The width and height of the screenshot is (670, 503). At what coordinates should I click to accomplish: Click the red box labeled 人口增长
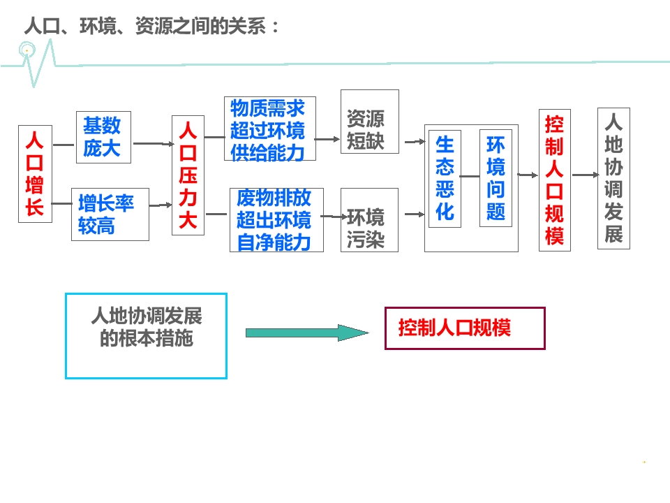click(35, 173)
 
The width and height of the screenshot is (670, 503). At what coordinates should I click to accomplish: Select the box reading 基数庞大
click(103, 137)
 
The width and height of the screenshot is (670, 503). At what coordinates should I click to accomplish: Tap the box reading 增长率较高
click(110, 214)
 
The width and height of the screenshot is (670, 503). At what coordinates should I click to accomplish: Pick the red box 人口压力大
click(188, 175)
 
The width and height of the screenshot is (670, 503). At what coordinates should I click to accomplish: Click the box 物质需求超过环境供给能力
click(269, 129)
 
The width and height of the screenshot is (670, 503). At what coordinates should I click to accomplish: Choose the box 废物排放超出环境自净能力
click(274, 219)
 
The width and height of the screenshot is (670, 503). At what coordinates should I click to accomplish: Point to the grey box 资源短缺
click(369, 122)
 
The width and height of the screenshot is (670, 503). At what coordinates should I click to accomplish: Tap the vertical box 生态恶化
click(445, 178)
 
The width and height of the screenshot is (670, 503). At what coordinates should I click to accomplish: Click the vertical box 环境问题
click(496, 178)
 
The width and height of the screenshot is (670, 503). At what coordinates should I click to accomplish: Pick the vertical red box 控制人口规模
click(555, 180)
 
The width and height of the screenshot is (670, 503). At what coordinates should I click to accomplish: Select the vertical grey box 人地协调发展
click(613, 178)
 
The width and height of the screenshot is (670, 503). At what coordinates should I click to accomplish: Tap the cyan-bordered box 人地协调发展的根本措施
click(146, 335)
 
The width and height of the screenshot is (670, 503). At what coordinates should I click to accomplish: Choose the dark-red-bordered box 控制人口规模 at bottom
click(465, 328)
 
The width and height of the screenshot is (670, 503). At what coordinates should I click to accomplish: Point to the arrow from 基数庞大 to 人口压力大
click(151, 143)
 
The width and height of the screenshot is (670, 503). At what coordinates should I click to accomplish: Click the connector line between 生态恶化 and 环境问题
click(470, 177)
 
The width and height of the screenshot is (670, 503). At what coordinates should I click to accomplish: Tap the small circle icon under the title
click(27, 50)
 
